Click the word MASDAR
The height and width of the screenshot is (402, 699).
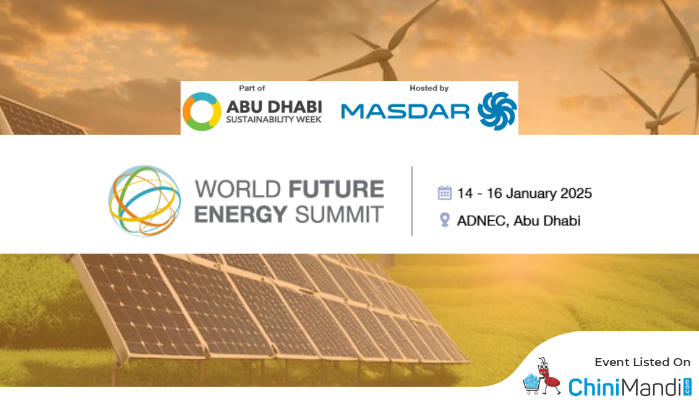(405, 111)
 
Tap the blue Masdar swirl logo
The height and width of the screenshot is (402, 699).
(497, 111)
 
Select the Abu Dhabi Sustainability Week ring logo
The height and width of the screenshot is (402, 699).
(202, 111)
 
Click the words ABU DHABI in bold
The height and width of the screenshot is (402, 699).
(274, 107)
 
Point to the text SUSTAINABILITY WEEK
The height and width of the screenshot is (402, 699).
(273, 119)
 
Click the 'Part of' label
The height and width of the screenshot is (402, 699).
(252, 88)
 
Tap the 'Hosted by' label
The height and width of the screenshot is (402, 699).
(429, 88)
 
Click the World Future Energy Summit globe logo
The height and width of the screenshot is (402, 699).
(144, 201)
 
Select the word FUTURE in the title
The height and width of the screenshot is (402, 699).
(336, 189)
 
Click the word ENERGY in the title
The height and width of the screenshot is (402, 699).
(241, 215)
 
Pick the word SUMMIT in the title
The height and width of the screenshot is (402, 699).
(339, 215)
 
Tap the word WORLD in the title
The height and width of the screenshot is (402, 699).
(238, 189)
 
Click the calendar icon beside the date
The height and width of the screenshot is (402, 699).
(445, 193)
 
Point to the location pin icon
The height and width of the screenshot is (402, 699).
(445, 220)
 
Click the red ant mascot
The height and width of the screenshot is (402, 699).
(547, 375)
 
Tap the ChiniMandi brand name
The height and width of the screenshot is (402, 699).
(625, 387)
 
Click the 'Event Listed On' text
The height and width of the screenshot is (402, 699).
(642, 362)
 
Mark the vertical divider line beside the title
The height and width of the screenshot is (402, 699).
(412, 201)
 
